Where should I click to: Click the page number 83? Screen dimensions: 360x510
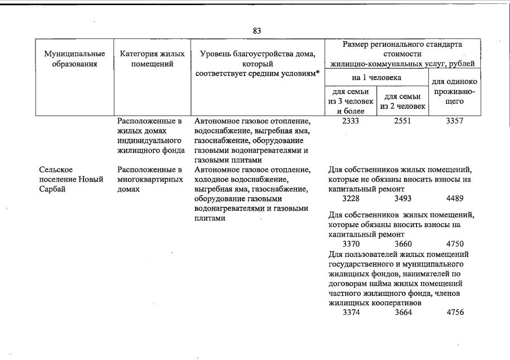click(256, 31)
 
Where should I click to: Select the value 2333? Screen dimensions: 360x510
click(351, 121)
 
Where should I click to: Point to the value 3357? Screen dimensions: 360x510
click(455, 121)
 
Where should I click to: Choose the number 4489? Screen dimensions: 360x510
click(455, 199)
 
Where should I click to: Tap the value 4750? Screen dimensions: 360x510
click(455, 244)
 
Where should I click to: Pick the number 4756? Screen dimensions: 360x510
click(455, 313)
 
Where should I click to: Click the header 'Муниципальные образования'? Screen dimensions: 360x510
click(74, 59)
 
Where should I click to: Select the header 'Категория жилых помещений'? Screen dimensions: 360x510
click(153, 59)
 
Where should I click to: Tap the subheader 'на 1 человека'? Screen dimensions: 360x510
click(376, 77)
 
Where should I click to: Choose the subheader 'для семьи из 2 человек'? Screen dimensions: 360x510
click(402, 101)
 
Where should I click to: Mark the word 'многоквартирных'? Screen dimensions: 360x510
click(152, 180)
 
